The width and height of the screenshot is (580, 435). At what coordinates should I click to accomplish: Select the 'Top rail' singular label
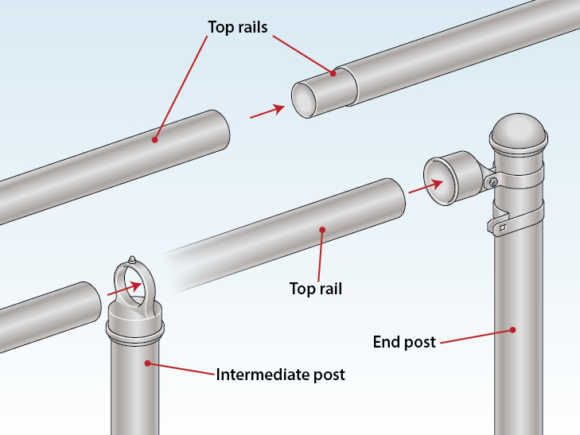click(315, 288)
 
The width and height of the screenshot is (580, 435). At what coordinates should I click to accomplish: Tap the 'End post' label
click(404, 342)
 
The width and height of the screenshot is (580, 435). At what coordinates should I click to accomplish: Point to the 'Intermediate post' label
click(281, 374)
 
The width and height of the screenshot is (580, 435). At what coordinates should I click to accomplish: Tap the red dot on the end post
click(515, 329)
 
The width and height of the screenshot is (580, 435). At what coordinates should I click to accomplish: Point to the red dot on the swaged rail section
click(333, 73)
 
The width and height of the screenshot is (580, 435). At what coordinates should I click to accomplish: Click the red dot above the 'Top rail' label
click(321, 231)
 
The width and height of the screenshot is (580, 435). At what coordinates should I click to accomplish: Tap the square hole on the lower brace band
click(502, 230)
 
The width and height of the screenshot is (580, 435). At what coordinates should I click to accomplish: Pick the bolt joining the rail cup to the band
click(494, 183)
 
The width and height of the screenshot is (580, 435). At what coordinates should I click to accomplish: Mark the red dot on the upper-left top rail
click(154, 141)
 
